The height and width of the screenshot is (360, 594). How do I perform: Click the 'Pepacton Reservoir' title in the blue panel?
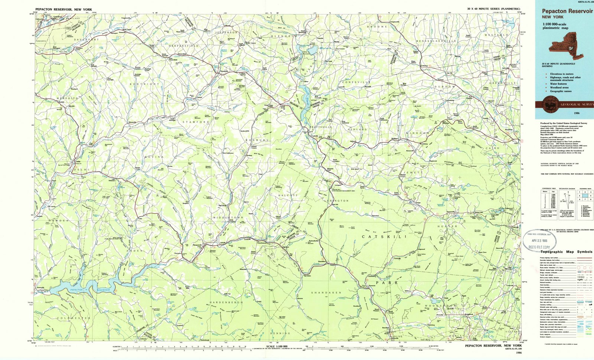(x=567, y=12)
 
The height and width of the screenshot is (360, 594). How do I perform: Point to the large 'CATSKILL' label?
(x=384, y=236)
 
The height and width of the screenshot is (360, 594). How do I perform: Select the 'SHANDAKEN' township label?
(x=326, y=293)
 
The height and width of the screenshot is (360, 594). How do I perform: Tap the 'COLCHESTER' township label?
(x=74, y=318)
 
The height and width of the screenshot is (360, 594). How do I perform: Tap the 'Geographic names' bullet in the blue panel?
(x=561, y=91)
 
